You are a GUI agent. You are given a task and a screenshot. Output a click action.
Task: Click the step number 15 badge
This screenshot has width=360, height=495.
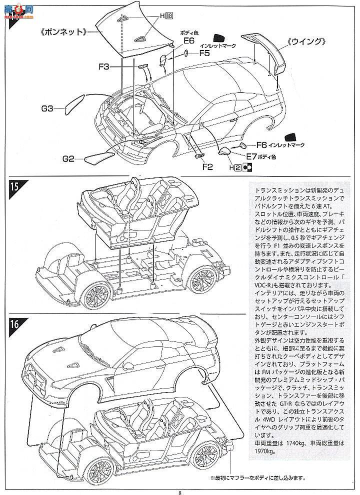point(15,187)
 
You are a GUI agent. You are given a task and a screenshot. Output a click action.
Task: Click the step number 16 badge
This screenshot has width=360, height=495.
point(15,323)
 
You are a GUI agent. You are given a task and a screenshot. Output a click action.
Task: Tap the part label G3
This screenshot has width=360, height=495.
point(48,107)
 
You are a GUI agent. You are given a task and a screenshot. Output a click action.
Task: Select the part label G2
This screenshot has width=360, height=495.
point(69,159)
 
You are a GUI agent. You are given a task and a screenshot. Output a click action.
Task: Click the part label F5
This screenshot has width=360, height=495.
point(204,52)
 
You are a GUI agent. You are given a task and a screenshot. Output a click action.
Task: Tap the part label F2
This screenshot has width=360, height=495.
point(208,167)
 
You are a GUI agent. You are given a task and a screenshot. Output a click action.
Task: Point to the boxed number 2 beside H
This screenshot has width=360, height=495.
point(238,168)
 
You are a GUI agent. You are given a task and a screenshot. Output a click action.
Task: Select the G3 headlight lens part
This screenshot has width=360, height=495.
point(73,104)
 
